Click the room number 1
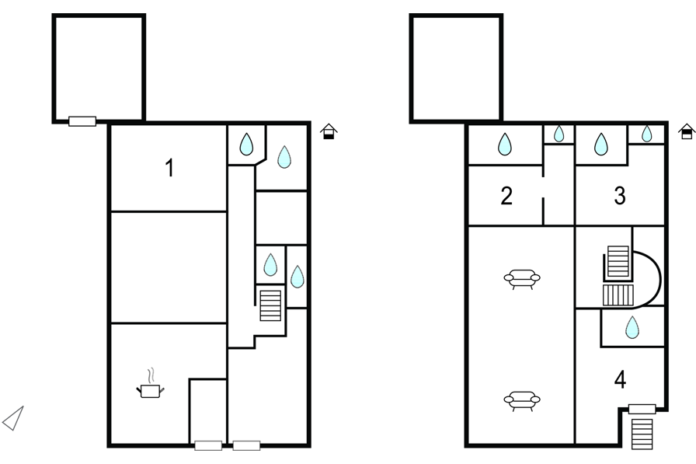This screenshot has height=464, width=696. [169, 167]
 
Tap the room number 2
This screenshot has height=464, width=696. [506, 196]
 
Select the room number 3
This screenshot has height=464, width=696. [619, 196]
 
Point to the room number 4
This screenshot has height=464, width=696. [619, 380]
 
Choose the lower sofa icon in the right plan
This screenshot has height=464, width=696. [522, 400]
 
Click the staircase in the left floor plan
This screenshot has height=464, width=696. [270, 305]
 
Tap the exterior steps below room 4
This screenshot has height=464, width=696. [642, 433]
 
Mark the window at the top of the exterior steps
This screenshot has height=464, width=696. [642, 409]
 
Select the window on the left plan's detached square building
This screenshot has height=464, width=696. [82, 121]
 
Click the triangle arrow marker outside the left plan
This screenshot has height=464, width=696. [14, 418]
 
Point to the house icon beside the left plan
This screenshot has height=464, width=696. [329, 132]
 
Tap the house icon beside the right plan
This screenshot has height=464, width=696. [686, 132]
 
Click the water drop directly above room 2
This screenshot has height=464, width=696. [504, 144]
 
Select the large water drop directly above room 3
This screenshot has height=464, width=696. [600, 144]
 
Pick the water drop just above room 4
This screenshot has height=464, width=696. [633, 327]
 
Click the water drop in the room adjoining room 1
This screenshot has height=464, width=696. [246, 144]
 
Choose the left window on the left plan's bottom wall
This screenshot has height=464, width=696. [207, 445]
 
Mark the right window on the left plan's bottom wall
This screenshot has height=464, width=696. [246, 445]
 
